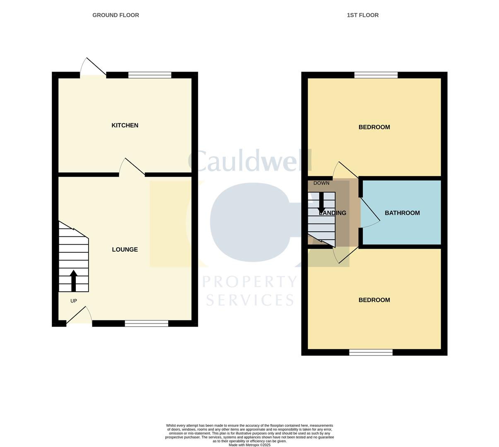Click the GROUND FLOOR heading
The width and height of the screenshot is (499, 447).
click(116, 15)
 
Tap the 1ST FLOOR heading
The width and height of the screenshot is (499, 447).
click(362, 15)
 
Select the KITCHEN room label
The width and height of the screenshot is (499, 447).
click(125, 125)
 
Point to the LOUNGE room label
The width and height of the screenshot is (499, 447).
click(125, 249)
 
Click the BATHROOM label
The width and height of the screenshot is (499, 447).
click(402, 213)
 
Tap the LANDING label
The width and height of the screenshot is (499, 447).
click(333, 213)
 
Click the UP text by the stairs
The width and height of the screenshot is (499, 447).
click(74, 301)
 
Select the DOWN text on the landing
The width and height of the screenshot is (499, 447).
click(321, 183)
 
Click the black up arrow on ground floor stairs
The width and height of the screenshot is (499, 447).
click(73, 281)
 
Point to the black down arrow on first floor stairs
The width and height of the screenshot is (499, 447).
click(321, 203)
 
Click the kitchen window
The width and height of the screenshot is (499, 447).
click(150, 75)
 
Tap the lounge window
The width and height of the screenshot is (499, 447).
click(147, 323)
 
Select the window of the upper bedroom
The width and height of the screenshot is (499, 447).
click(376, 75)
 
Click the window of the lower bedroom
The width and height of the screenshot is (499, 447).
click(371, 352)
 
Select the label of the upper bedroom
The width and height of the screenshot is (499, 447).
click(374, 127)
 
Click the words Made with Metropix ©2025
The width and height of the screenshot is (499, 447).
click(249, 445)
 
